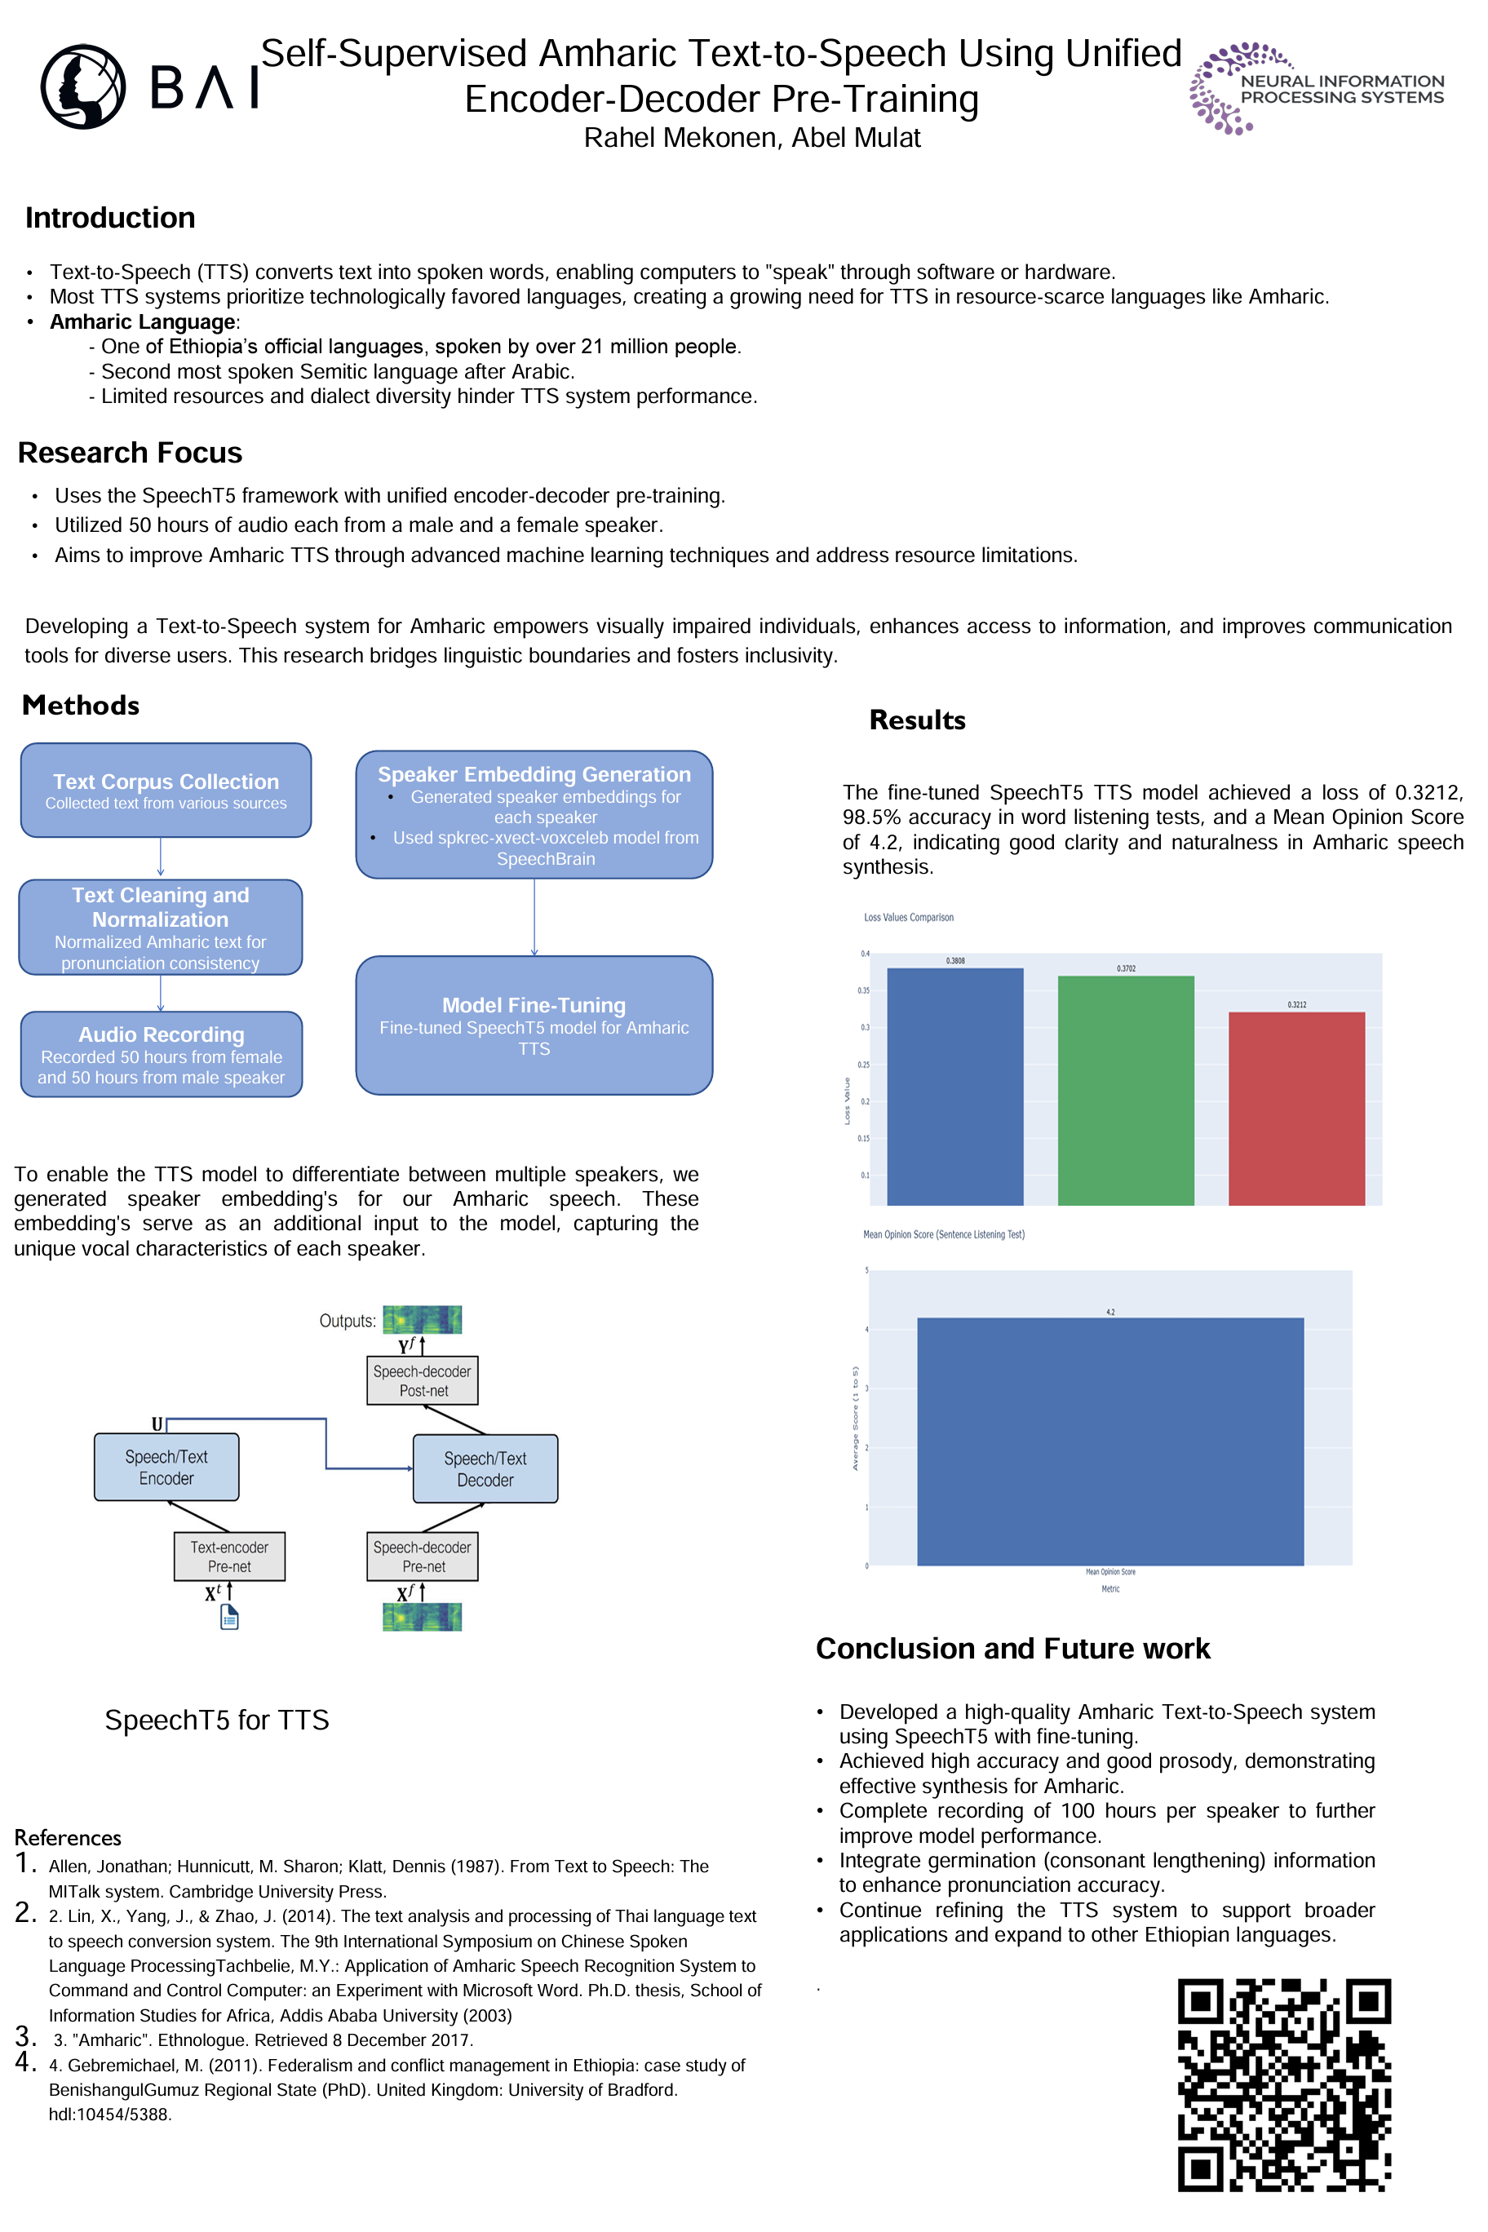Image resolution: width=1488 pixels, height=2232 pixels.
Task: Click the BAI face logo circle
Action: pos(83,86)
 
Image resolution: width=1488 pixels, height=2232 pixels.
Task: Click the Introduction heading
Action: pos(110,219)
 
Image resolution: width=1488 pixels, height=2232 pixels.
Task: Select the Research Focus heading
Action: pos(130,453)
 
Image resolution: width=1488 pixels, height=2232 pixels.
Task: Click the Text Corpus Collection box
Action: pos(166,790)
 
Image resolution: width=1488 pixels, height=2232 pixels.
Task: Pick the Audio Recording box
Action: pos(162,1054)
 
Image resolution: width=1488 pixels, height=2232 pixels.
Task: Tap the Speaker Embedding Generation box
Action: pos(534,815)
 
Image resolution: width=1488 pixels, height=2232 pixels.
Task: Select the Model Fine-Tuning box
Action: pos(534,1025)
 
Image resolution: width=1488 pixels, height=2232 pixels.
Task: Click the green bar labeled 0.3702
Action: pos(1126,1091)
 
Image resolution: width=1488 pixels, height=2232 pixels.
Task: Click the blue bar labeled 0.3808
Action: pos(954,1087)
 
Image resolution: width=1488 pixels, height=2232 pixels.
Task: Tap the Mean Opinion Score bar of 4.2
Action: pos(1110,1441)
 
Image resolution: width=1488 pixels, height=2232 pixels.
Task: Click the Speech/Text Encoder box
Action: pos(166,1467)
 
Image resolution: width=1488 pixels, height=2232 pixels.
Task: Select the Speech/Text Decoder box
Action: pos(485,1469)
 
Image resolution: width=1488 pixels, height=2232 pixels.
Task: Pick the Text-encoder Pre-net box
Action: pos(230,1557)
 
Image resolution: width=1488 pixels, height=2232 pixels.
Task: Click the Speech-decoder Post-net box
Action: pos(423,1381)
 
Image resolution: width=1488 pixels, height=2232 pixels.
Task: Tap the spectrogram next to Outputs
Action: pos(423,1319)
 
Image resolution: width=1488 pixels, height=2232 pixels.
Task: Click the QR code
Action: pos(1284,2085)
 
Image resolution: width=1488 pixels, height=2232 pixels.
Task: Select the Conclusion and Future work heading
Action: pos(1012,1649)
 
